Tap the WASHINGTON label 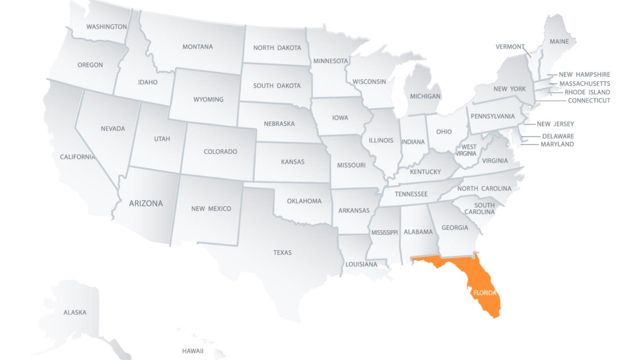[x=106, y=27]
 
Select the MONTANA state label [x=197, y=47]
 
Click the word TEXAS [x=282, y=252]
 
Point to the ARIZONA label [x=146, y=203]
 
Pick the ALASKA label [x=75, y=312]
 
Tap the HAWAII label [x=192, y=351]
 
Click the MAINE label [x=559, y=42]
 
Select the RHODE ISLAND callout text [x=587, y=92]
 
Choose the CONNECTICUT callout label [x=589, y=100]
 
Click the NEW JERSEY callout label [x=555, y=124]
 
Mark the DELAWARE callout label [x=558, y=136]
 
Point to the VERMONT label [x=510, y=47]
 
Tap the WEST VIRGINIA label [x=467, y=150]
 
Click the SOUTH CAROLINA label [x=481, y=208]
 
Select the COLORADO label [x=220, y=152]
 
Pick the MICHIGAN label [x=425, y=96]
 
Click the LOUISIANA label [x=361, y=264]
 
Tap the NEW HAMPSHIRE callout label [x=584, y=75]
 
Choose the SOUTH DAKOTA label [x=277, y=86]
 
